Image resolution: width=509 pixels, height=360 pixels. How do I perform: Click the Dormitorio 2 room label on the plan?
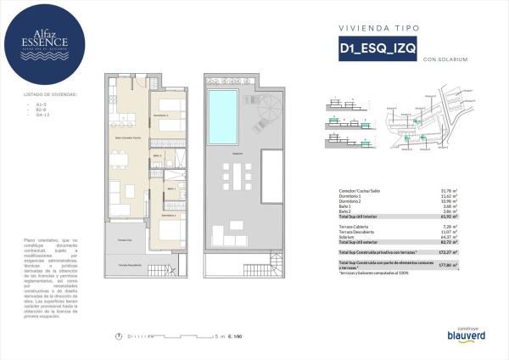tap(161, 115)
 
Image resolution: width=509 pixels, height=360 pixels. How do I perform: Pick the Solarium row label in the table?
tap(347, 237)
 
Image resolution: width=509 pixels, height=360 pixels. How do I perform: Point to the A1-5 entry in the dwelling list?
tap(31, 104)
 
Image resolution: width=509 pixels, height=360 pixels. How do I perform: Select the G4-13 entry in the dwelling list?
tap(31, 115)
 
